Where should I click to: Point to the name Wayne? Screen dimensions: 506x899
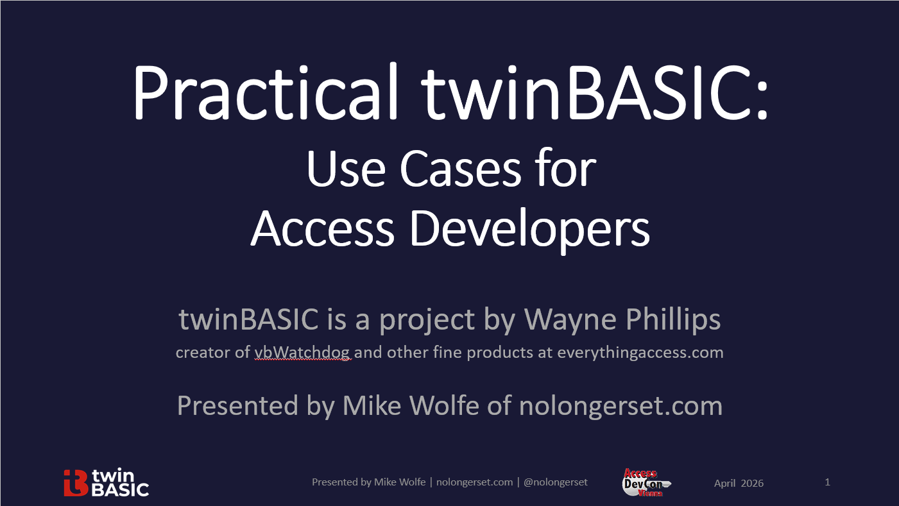pyautogui.click(x=570, y=319)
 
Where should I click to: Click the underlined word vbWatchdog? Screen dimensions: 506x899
pyautogui.click(x=303, y=352)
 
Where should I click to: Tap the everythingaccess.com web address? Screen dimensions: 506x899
pyautogui.click(x=640, y=352)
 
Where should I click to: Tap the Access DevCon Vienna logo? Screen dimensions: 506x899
pyautogui.click(x=644, y=482)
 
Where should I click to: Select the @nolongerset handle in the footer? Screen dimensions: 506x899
pyautogui.click(x=556, y=482)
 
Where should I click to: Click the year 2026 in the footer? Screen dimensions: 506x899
pyautogui.click(x=752, y=483)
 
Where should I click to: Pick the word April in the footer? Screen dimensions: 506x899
pyautogui.click(x=725, y=483)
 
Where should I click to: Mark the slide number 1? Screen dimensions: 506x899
pyautogui.click(x=828, y=482)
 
